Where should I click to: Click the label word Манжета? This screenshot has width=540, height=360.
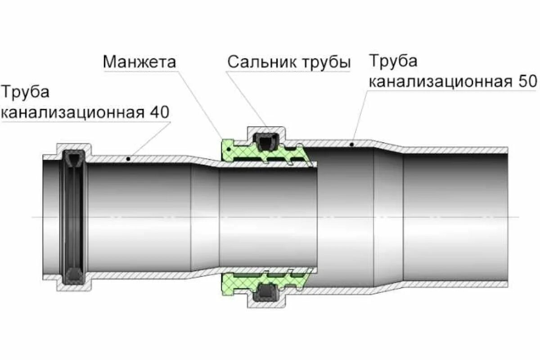tap(139, 62)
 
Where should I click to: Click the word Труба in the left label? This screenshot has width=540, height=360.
tap(26, 92)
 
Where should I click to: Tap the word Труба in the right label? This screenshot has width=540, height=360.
tap(393, 61)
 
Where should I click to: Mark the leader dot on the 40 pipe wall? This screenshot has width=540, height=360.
tap(129, 158)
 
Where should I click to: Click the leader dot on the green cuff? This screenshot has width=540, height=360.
tap(229, 148)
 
